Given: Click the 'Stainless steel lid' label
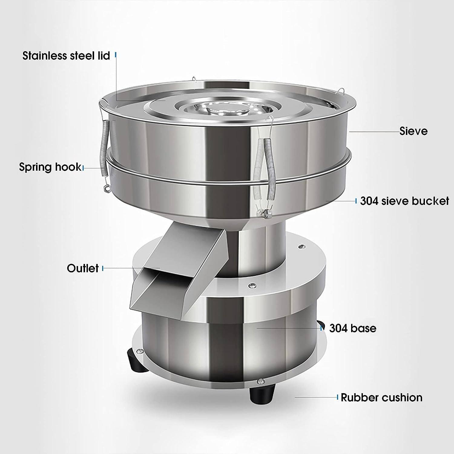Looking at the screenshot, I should pos(66,56).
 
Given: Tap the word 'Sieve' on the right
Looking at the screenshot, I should pos(413,131).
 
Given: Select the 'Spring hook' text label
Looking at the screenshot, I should pos(50,167).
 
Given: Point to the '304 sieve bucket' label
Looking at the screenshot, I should pos(404,201).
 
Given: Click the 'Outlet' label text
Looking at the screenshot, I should pos(83,268).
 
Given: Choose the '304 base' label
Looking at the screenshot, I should pos(353,328).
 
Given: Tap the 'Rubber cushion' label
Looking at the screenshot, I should pos(381,397).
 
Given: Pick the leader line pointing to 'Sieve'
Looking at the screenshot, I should pos(374,132).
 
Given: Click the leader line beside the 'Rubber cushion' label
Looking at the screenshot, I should pos(316,397).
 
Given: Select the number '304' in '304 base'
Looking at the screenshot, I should pos(337,328).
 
